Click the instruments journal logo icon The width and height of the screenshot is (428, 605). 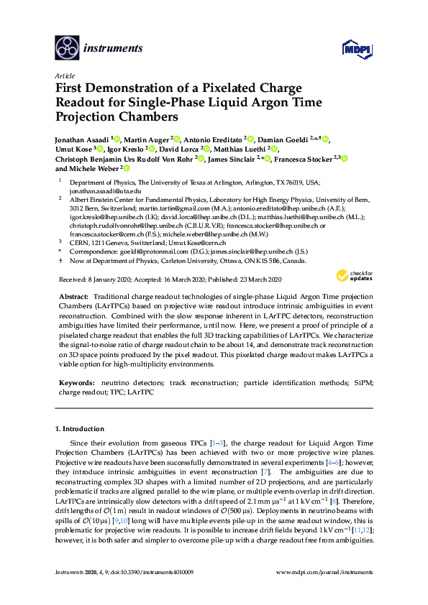pyautogui.click(x=67, y=47)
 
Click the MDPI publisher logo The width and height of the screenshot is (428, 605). pyautogui.click(x=356, y=49)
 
